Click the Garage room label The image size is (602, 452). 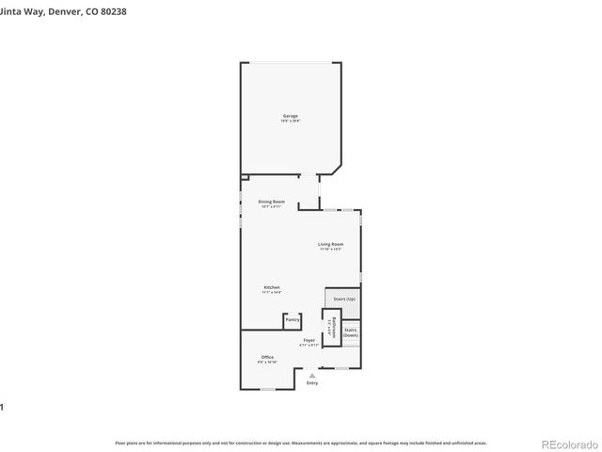[x=290, y=116]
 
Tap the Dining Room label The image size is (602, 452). [x=271, y=202]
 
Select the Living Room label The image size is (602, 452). [x=330, y=244]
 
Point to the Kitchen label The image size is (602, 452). [x=271, y=287]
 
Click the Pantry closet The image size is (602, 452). [x=293, y=321]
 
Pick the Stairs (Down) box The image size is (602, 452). [x=350, y=332]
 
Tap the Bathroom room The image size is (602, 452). [x=331, y=327]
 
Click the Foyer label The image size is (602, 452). [x=309, y=340]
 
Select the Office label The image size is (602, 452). [x=267, y=357]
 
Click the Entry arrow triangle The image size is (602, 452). [x=312, y=375]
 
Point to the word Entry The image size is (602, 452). [x=312, y=382]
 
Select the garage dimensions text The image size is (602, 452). [x=290, y=121]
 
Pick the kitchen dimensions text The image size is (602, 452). [x=271, y=293]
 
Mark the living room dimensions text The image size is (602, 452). [x=330, y=250]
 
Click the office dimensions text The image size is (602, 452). [x=267, y=362]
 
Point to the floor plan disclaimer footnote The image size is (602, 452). [x=300, y=442]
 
